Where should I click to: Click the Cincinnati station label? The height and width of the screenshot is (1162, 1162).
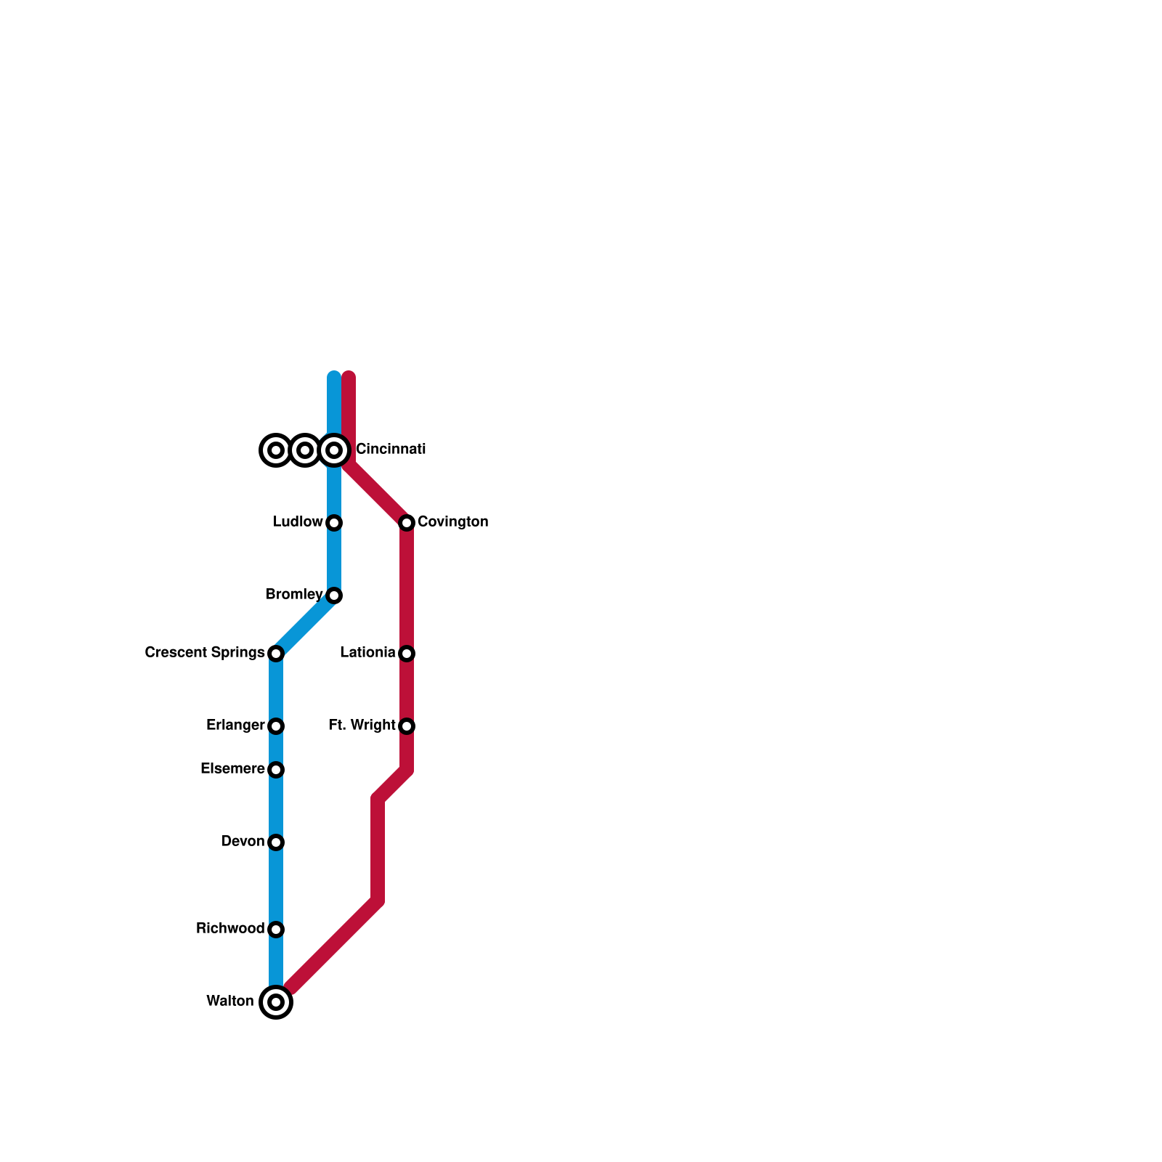tap(390, 450)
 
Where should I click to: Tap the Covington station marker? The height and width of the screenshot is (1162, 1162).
tap(407, 523)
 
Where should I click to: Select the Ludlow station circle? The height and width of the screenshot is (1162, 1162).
tap(334, 523)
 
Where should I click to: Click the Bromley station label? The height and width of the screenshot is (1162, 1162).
tap(294, 595)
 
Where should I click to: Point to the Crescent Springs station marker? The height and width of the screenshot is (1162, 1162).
tap(276, 654)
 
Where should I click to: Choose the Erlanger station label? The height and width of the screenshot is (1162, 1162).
tap(235, 726)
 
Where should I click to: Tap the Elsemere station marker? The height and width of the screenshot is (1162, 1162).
tap(276, 770)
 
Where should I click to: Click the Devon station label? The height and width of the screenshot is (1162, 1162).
tap(243, 842)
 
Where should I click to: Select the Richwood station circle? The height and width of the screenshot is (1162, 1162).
tap(276, 930)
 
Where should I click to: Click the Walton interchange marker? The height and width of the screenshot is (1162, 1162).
tap(276, 1002)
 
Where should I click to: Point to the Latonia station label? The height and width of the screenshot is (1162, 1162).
tap(367, 653)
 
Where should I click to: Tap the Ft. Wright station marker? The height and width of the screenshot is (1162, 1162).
tap(407, 726)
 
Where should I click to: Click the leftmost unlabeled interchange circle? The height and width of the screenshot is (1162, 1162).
tap(276, 450)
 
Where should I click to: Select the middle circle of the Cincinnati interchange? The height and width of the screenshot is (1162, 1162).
tap(305, 450)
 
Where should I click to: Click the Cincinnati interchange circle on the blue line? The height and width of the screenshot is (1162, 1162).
tap(334, 450)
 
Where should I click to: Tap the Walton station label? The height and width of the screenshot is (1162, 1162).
tap(229, 1001)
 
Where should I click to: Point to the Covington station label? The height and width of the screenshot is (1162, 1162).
tap(452, 522)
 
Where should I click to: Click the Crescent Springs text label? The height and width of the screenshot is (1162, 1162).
tap(204, 653)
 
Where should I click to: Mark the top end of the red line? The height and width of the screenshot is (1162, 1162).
tap(349, 377)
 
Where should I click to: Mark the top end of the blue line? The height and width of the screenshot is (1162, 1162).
tap(334, 377)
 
